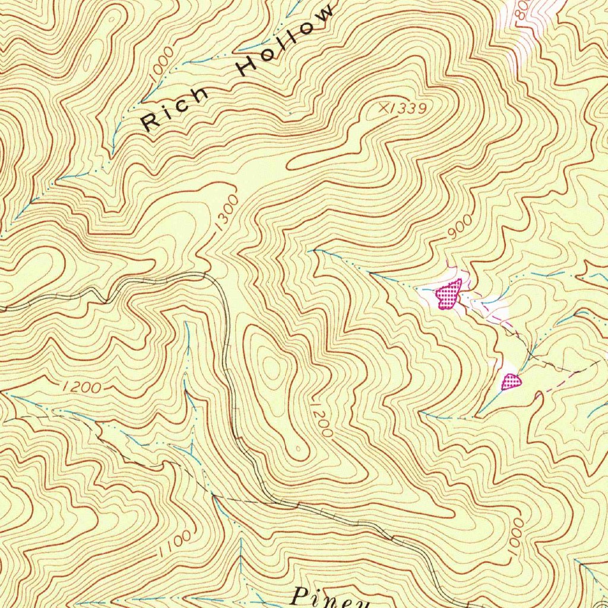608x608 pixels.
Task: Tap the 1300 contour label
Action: [x=227, y=211]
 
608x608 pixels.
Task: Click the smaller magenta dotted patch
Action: [x=511, y=381]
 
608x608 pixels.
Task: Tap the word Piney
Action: [x=332, y=597]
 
